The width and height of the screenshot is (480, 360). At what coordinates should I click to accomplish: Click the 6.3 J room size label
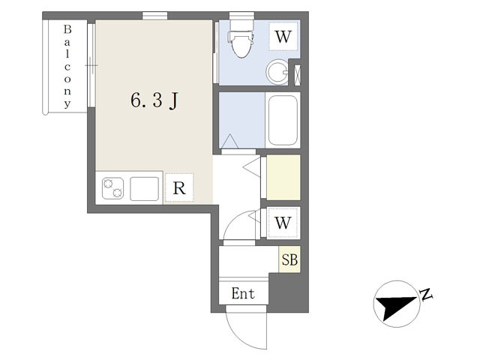154,100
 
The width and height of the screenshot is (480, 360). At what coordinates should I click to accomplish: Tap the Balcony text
67,67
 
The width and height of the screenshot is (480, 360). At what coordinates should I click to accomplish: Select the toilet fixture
241,38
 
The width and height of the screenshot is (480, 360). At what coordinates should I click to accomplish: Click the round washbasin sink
277,72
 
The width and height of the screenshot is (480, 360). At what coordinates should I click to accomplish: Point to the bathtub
283,120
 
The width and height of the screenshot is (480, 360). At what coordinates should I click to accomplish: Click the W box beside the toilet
283,37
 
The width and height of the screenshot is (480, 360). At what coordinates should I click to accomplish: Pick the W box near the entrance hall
283,223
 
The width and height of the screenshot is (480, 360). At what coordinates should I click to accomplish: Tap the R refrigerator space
179,187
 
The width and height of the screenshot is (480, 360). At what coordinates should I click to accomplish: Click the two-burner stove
112,188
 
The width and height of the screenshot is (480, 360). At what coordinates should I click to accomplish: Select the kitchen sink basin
145,188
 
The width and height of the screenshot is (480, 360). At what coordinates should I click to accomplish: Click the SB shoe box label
289,259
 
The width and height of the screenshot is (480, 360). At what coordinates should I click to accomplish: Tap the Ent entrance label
243,293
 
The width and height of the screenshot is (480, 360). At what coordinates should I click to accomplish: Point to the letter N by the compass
426,294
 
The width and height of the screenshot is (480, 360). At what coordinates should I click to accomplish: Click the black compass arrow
396,307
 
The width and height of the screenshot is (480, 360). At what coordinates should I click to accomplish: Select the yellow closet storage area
283,178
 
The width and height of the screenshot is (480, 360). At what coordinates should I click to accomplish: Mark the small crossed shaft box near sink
297,75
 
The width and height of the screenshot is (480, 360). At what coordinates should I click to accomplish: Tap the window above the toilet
241,16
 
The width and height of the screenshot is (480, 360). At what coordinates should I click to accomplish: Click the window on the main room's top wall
155,16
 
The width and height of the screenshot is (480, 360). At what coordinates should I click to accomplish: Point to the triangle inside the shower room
229,142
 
